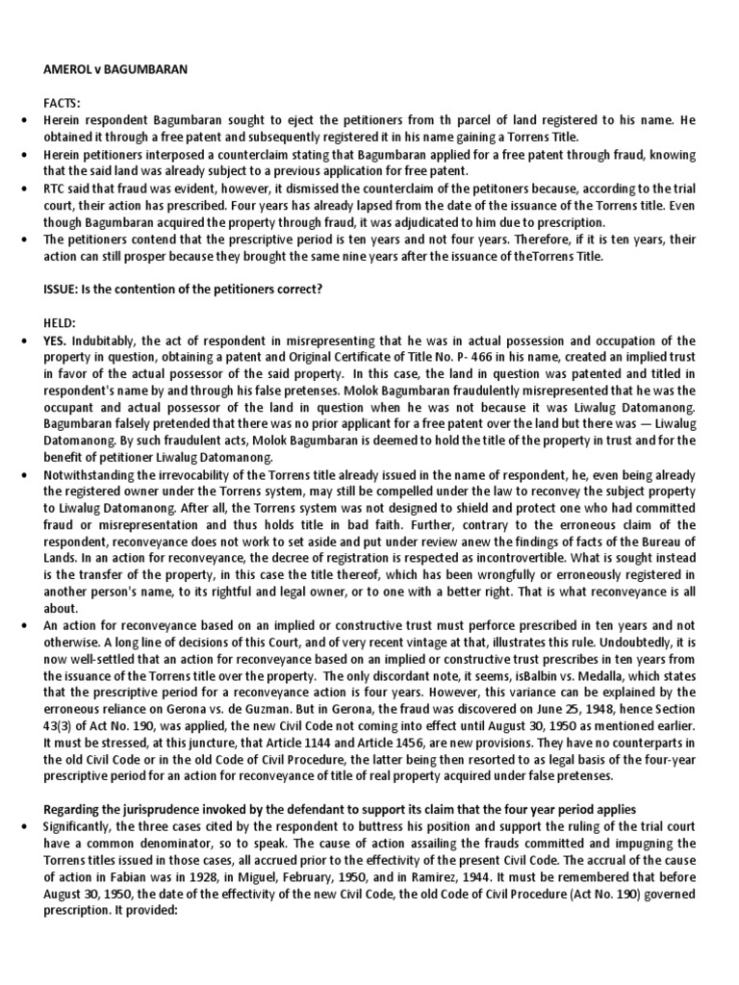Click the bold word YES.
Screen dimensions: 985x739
57,341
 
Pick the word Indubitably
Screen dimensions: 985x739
115,341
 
